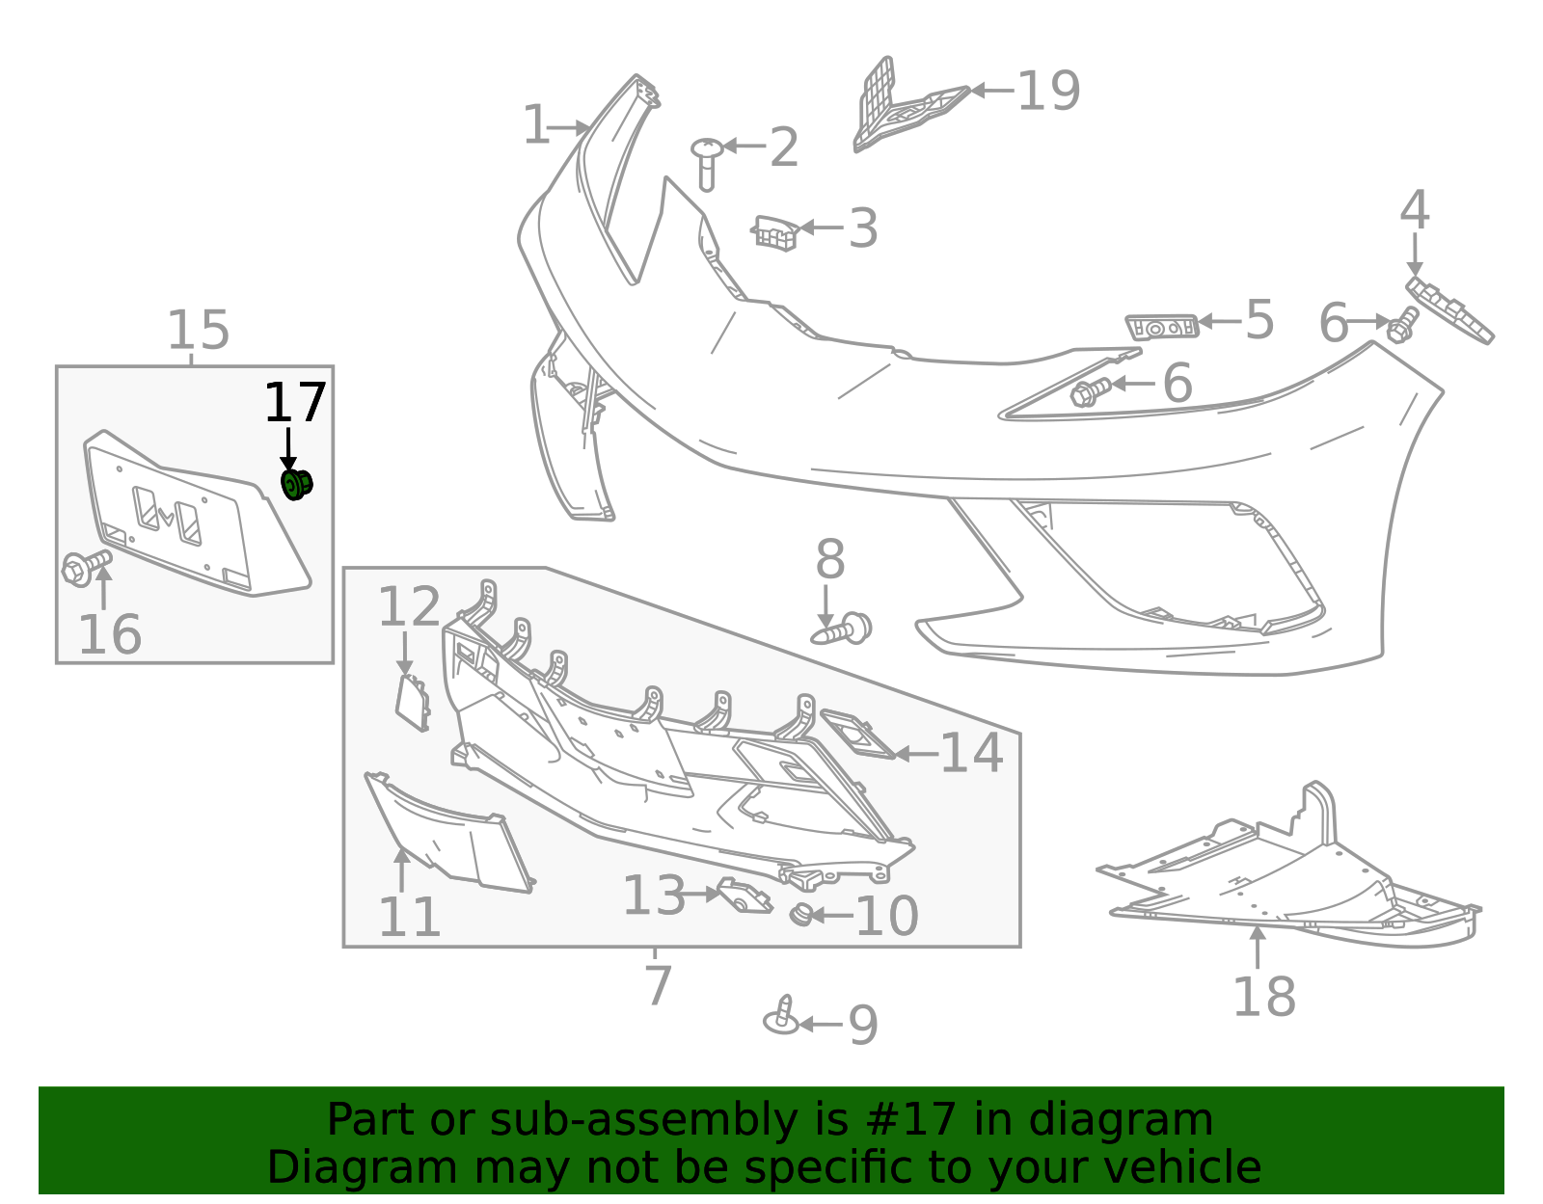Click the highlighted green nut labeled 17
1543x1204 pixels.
(296, 484)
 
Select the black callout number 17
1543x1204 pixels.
(295, 404)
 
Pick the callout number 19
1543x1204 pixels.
(1048, 92)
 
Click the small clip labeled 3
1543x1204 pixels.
(775, 232)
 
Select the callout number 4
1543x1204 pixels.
(1414, 211)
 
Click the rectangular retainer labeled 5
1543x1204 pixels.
(1162, 327)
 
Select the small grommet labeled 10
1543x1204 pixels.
(801, 914)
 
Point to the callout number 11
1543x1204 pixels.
(410, 917)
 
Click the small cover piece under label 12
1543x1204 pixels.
(413, 702)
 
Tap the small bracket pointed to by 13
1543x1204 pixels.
(744, 896)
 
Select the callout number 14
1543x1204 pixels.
(971, 754)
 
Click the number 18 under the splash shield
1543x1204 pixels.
(1263, 997)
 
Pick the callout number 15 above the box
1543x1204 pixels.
(199, 331)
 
